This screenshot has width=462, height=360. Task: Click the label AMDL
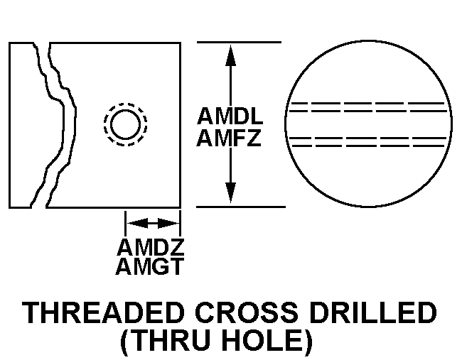(230, 116)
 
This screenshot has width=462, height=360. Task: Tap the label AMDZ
(151, 249)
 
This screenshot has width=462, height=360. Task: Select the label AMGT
(151, 267)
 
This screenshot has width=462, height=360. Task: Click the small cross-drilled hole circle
(126, 125)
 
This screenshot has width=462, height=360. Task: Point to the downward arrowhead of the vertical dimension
(230, 193)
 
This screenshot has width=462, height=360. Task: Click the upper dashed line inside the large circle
(369, 108)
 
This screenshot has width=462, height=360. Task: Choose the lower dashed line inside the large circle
(369, 141)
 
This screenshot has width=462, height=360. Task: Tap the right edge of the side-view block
(179, 124)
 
